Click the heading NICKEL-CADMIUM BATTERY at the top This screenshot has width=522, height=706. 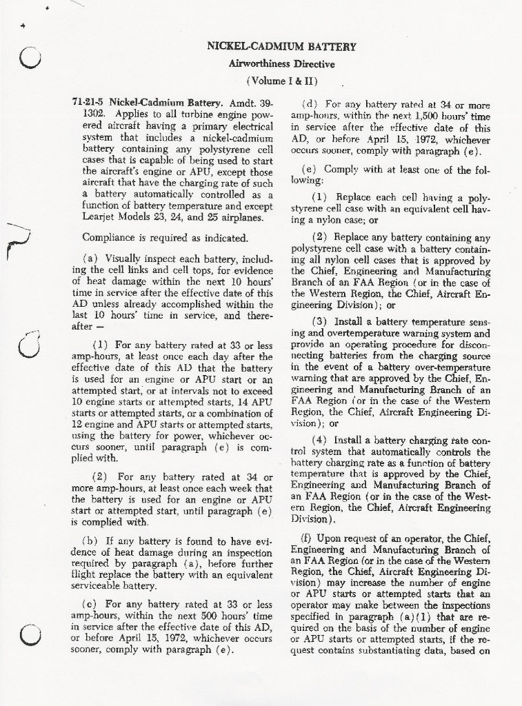click(x=281, y=47)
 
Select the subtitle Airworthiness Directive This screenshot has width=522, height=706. click(x=281, y=63)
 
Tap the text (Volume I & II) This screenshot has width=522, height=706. click(x=281, y=80)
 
